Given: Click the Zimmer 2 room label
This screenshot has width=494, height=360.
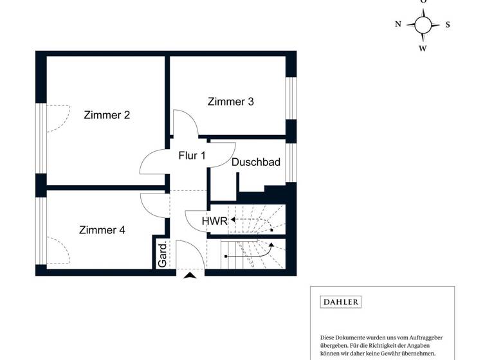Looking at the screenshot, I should [x=107, y=115].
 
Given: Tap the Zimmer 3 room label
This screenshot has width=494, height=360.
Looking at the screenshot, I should [x=231, y=102].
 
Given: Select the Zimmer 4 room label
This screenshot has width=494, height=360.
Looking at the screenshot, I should [x=102, y=230].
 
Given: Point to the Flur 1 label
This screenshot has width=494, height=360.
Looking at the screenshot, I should [x=192, y=156].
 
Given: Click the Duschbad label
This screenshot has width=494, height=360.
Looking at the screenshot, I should [x=256, y=163].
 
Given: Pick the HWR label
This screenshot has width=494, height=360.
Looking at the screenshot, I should [x=214, y=221].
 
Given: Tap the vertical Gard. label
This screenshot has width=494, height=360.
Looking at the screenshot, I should [x=163, y=254].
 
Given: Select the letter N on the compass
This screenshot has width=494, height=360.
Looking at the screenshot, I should [x=398, y=24].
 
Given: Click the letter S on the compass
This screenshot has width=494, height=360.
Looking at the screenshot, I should [x=448, y=25].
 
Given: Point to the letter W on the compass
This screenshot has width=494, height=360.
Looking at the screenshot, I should [x=423, y=48].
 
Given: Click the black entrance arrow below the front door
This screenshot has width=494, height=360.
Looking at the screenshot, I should [x=190, y=276].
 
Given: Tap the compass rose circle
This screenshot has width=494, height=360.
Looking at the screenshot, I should [x=423, y=25].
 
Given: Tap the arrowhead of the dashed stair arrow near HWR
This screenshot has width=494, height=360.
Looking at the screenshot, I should [x=233, y=220].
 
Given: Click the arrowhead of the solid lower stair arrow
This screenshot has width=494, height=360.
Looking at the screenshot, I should [x=271, y=244].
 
